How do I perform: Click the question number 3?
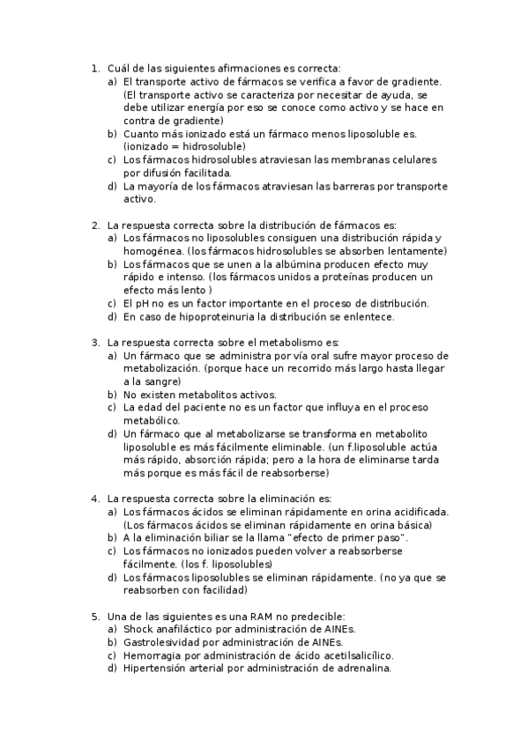tap(95, 343)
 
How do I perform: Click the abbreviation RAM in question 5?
tap(256, 617)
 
